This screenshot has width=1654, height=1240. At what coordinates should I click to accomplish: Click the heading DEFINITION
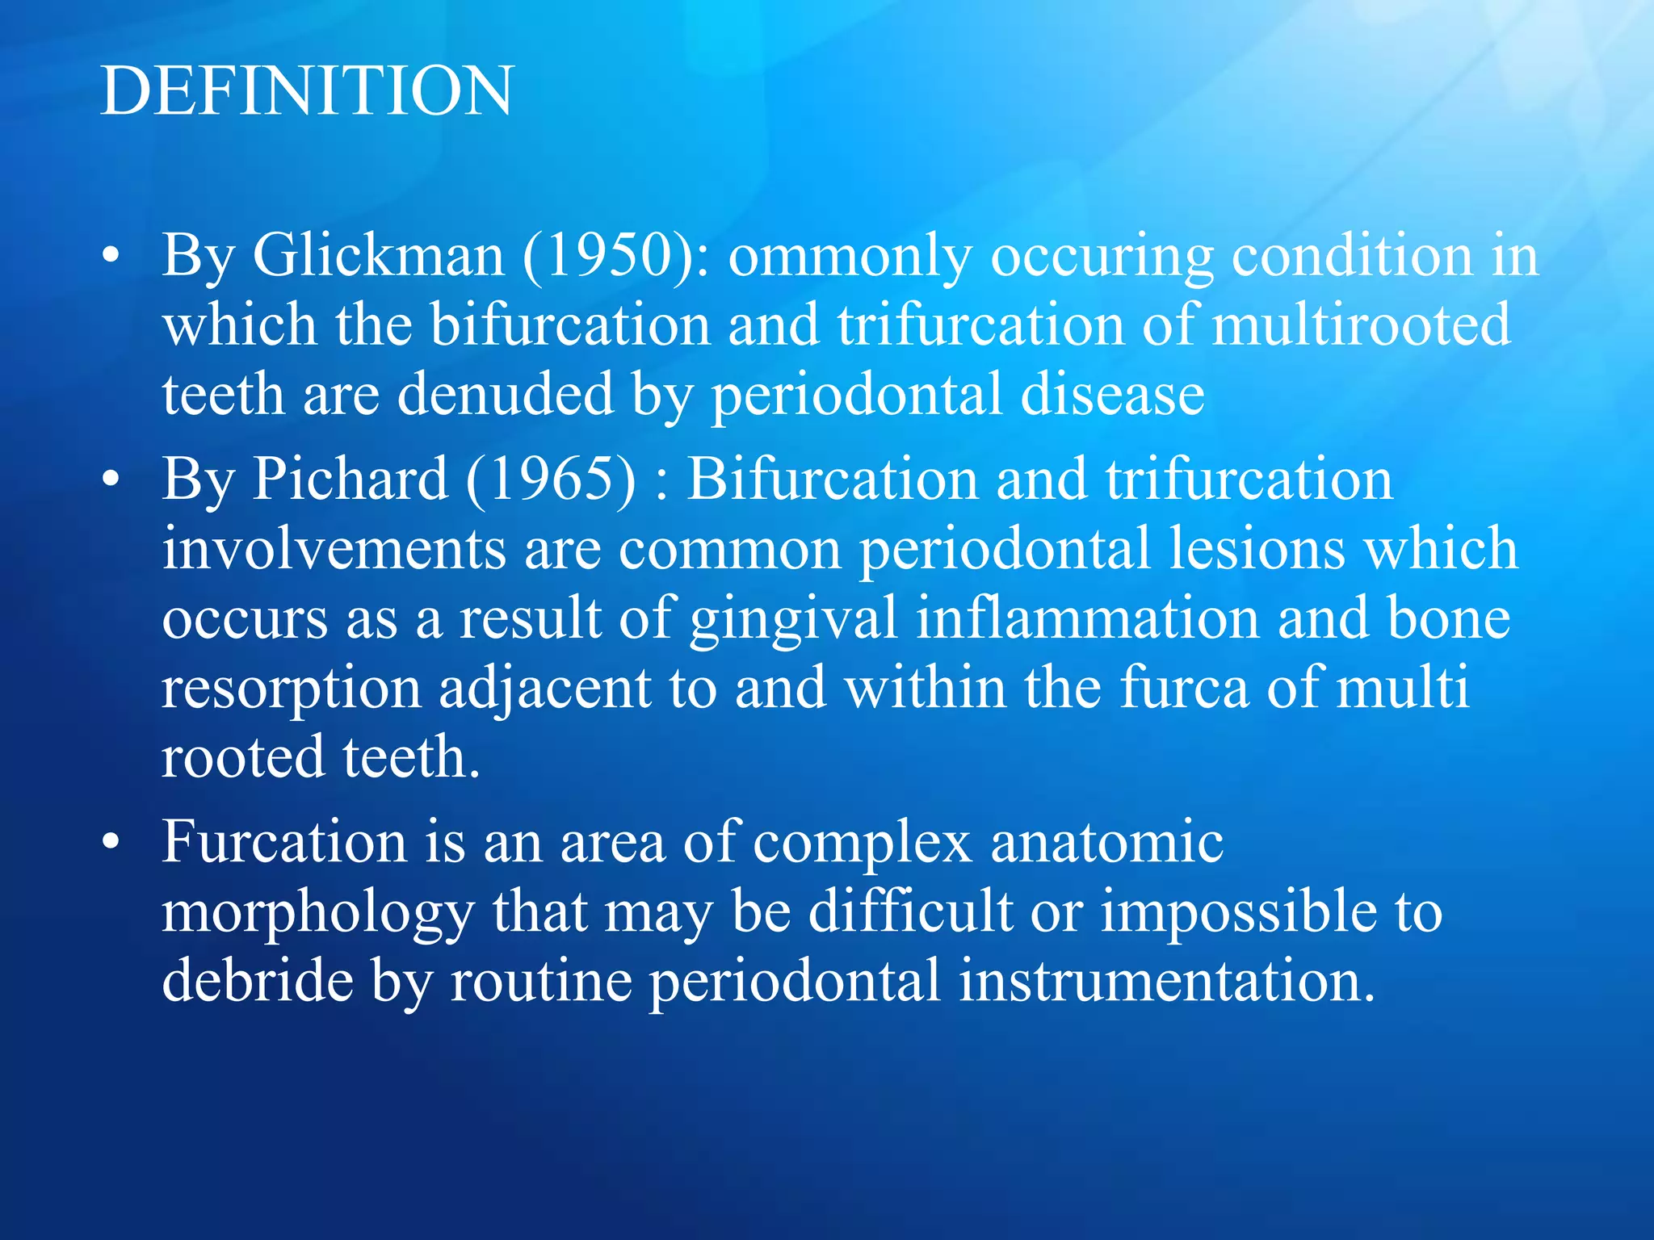[x=306, y=90]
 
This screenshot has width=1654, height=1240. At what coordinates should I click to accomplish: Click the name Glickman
[x=378, y=256]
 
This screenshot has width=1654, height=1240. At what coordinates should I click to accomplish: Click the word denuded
[x=506, y=395]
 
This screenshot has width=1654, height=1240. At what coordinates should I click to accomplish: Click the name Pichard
[x=350, y=479]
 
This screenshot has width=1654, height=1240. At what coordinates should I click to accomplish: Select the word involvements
[x=334, y=549]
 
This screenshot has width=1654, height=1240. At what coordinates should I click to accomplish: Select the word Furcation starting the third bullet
[x=284, y=842]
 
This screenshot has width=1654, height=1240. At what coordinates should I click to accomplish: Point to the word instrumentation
[x=1167, y=982]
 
